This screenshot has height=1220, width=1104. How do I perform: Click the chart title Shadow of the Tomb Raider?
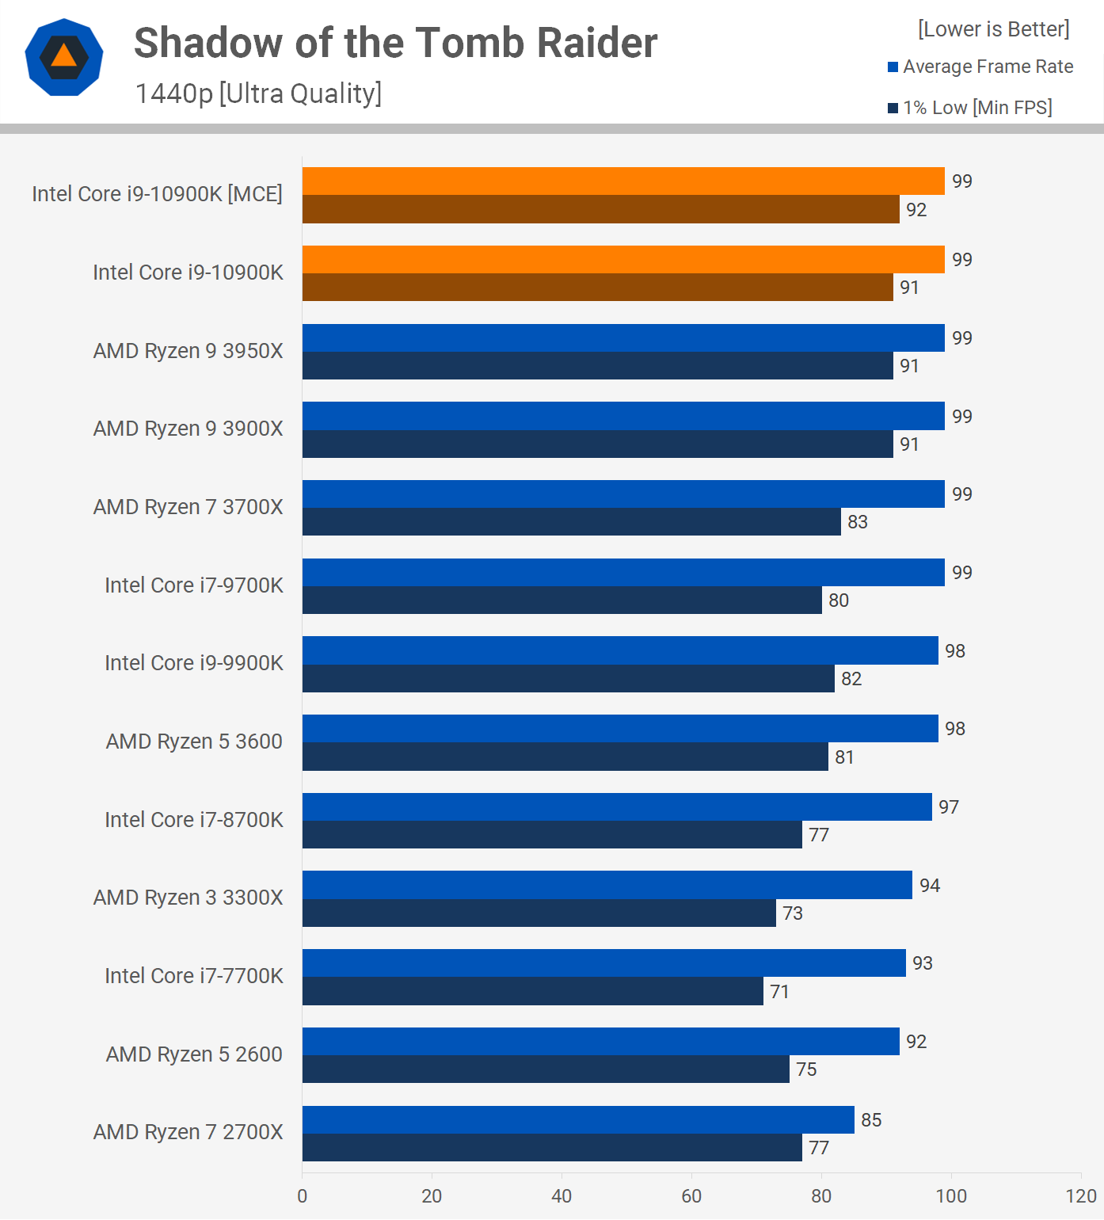pyautogui.click(x=395, y=43)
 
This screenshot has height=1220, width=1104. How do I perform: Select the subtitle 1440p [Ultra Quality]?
pyautogui.click(x=258, y=93)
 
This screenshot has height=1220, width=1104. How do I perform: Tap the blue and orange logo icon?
pyautogui.click(x=64, y=57)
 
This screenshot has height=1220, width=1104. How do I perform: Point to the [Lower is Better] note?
pyautogui.click(x=993, y=29)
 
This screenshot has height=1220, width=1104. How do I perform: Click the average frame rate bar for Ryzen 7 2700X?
pyautogui.click(x=578, y=1119)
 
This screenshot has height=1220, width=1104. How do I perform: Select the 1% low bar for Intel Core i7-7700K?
pyautogui.click(x=532, y=991)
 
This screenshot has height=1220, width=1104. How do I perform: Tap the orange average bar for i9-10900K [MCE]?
pyautogui.click(x=623, y=181)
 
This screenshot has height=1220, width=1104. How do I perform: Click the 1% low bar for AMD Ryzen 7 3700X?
pyautogui.click(x=571, y=522)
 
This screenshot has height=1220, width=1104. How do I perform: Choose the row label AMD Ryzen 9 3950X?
pyautogui.click(x=188, y=351)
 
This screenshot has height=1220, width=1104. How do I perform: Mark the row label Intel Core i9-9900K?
pyautogui.click(x=193, y=663)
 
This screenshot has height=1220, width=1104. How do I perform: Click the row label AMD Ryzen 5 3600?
pyautogui.click(x=194, y=742)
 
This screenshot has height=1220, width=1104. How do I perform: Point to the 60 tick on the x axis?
pyautogui.click(x=691, y=1196)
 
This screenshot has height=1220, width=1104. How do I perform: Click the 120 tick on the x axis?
pyautogui.click(x=1081, y=1196)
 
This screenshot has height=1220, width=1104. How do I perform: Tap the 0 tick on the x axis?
pyautogui.click(x=302, y=1196)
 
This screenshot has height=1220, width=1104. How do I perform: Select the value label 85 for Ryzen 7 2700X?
pyautogui.click(x=871, y=1120)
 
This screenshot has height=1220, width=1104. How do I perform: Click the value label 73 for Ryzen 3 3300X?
pyautogui.click(x=793, y=913)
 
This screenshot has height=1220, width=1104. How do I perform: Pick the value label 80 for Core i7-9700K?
pyautogui.click(x=839, y=600)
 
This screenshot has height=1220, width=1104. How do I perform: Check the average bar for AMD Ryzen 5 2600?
pyautogui.click(x=600, y=1042)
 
